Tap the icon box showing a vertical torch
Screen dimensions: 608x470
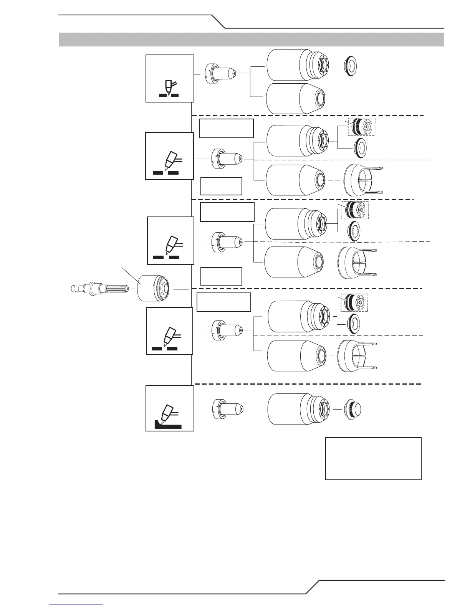pos(170,78)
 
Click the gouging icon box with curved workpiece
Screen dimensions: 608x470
pos(170,408)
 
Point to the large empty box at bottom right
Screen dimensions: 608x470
pos(373,458)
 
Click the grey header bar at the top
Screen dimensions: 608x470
pos(251,40)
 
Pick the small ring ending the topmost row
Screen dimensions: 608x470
pos(349,66)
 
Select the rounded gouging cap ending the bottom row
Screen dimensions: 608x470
pos(352,409)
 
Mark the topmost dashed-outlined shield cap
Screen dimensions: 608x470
pos(361,127)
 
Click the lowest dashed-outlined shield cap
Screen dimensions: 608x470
pos(354,303)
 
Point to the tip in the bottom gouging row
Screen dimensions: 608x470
pos(228,409)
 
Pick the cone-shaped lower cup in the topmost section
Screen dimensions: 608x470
pos(296,98)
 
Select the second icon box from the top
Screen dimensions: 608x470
pos(169,156)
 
